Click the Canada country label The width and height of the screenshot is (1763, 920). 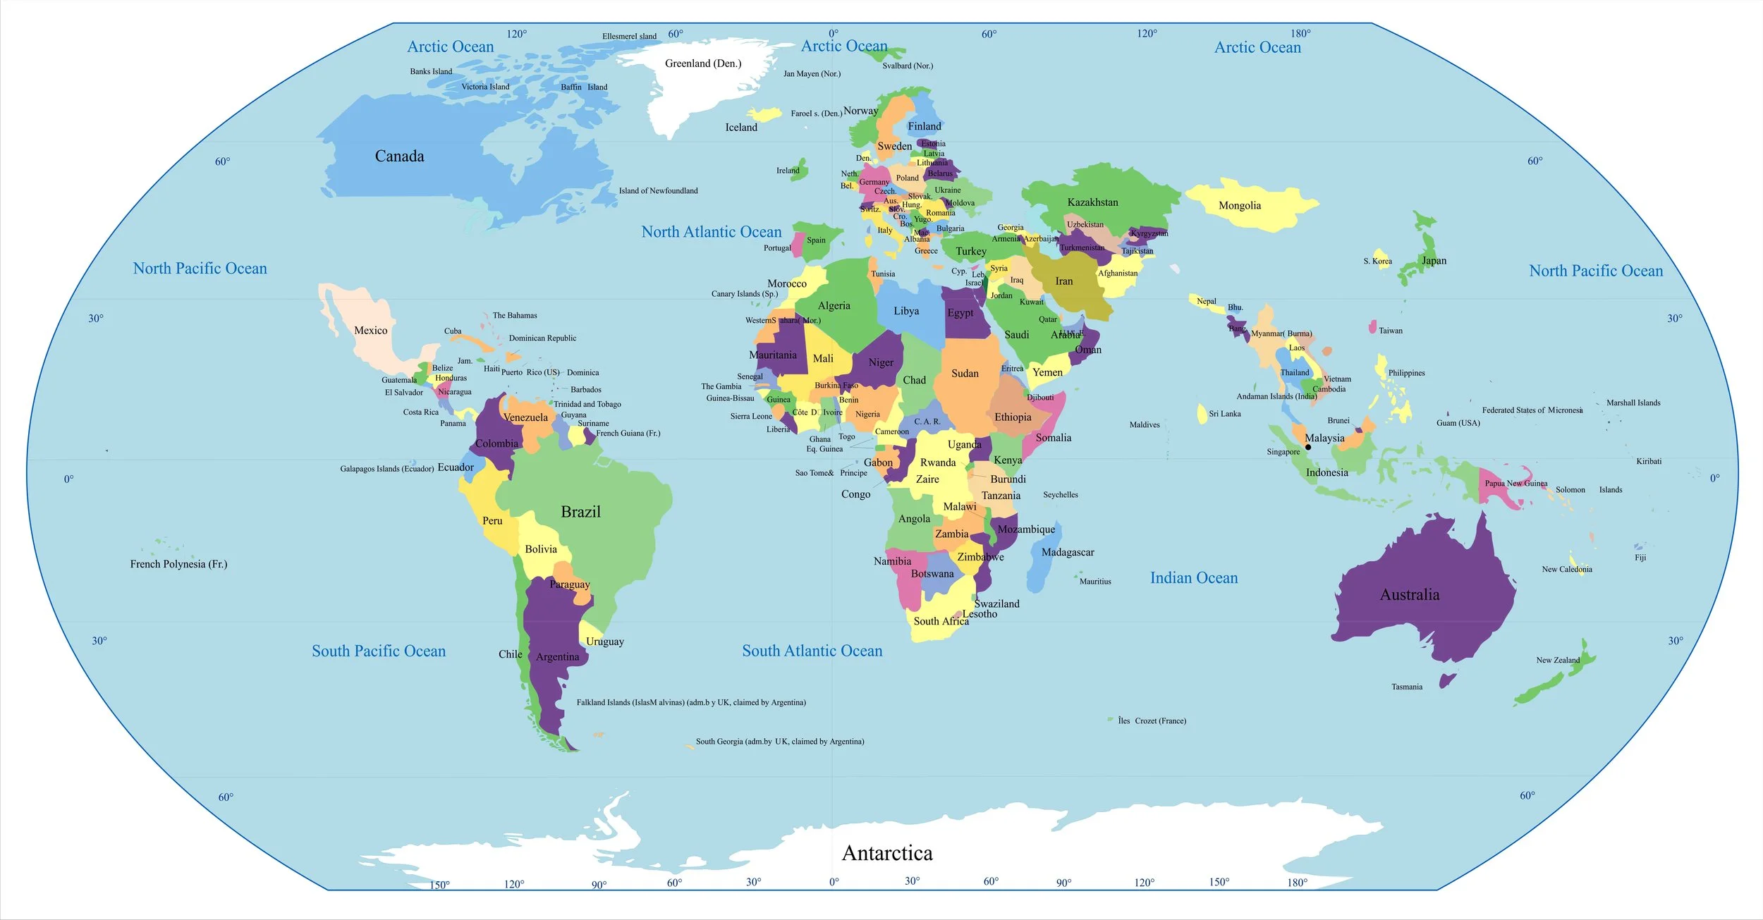399,157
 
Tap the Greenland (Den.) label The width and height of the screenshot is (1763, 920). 703,63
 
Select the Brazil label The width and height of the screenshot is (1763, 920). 580,512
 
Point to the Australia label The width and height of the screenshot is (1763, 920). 1409,594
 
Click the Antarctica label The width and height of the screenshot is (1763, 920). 886,853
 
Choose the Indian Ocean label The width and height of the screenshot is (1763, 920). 1193,578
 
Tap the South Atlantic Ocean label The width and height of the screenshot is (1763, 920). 812,651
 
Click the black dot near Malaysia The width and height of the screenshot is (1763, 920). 1307,447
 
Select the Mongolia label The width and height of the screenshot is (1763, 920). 1239,206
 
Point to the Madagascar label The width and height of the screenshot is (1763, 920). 1067,552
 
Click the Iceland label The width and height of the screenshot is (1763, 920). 741,128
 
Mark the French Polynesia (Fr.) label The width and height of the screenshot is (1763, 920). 178,564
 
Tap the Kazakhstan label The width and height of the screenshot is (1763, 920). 1092,202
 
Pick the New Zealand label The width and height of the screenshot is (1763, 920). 1557,661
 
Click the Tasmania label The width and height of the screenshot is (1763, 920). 1406,687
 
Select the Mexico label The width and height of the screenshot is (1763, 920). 370,330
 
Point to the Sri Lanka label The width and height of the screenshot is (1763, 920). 1224,414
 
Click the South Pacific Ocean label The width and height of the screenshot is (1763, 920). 379,651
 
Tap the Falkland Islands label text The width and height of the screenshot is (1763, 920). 690,702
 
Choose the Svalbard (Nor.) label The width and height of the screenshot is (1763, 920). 907,66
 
